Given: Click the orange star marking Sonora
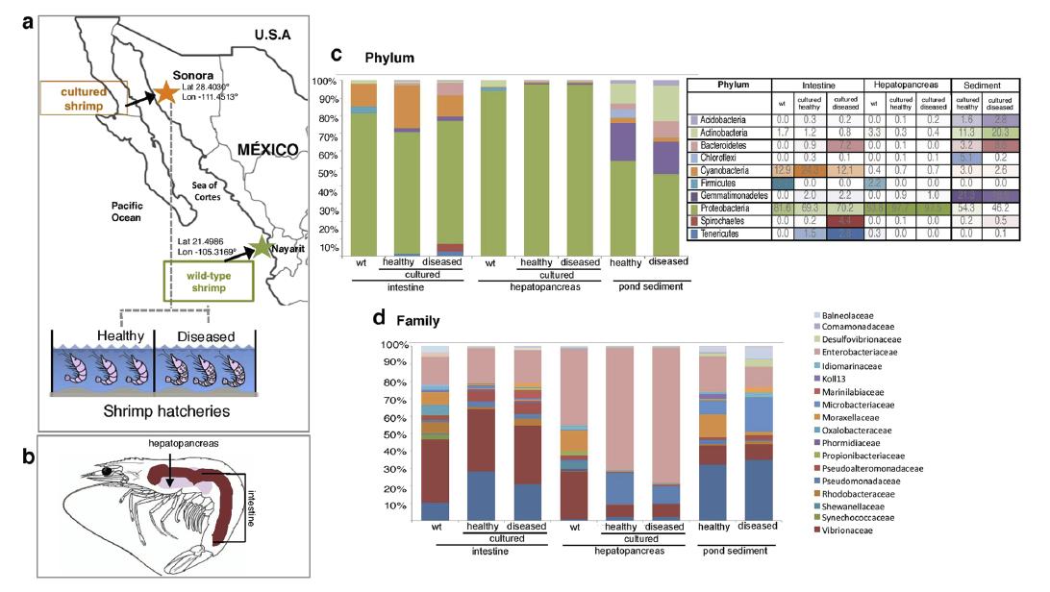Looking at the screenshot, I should (x=166, y=93).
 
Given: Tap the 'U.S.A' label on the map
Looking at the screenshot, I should (x=272, y=35).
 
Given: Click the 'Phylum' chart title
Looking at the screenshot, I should (x=388, y=57).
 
